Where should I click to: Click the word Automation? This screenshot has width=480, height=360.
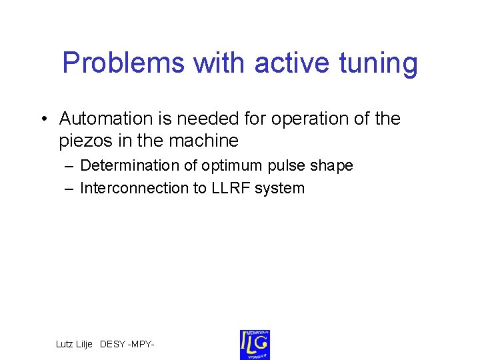[x=106, y=119]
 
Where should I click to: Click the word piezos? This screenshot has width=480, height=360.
[x=84, y=141]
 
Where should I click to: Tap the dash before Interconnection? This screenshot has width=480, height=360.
[x=69, y=188]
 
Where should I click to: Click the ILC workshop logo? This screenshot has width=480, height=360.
[x=255, y=344]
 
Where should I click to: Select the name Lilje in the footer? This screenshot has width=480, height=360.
[x=84, y=344]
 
